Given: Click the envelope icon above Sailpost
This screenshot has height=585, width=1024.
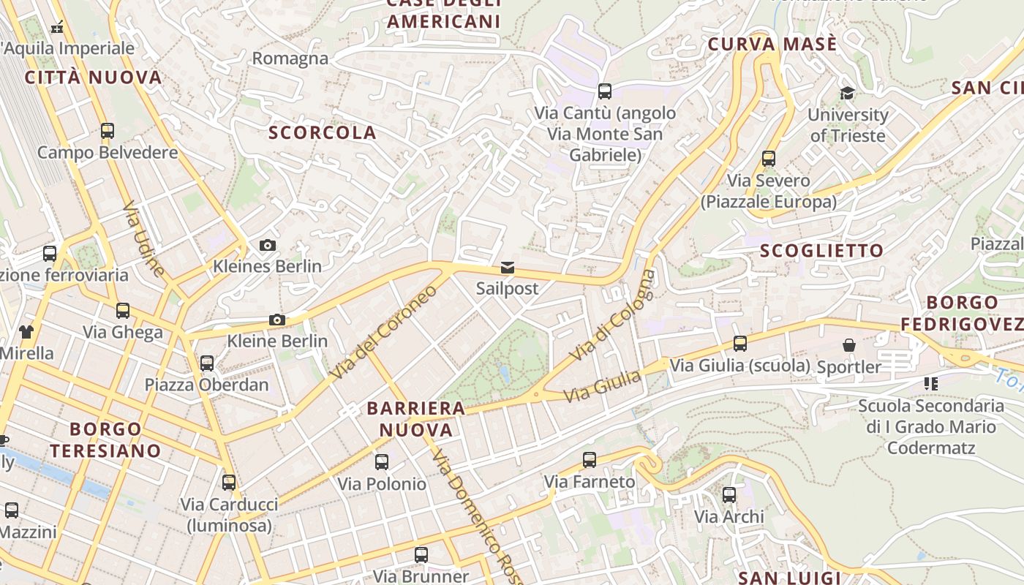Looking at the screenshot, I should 508,268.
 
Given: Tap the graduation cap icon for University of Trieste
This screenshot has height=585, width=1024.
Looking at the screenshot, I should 847,94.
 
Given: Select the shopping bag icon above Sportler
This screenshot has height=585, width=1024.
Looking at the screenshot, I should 848,345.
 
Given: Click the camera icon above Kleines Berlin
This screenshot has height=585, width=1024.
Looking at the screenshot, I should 268,245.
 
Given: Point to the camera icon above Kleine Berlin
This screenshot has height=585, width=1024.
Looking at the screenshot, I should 276,320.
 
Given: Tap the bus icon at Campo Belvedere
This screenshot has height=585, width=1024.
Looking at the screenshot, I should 108,131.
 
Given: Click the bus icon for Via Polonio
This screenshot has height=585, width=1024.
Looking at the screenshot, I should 382,462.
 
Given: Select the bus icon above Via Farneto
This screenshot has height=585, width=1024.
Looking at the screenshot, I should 590,460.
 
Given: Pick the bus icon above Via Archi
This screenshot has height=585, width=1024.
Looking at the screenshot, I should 729,495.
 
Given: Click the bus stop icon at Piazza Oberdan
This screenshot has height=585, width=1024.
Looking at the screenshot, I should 207,363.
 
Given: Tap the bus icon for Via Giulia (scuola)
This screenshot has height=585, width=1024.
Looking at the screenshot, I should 740,344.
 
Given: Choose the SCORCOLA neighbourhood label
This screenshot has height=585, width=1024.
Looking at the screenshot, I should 323,133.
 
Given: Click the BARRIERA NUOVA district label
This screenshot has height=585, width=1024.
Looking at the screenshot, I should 416,419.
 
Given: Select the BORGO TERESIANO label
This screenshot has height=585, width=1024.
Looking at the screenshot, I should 105,439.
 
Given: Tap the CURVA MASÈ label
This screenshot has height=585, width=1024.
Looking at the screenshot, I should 772,45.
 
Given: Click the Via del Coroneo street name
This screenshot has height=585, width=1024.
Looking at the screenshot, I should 383,331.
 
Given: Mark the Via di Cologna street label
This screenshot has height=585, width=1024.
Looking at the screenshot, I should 613,315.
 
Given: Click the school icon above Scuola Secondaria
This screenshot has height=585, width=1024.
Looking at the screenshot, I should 931,383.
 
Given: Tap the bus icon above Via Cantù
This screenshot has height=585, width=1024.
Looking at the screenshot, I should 605,91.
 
